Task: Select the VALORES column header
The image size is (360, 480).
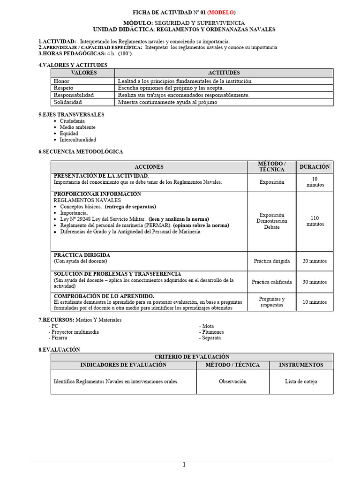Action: click(83, 73)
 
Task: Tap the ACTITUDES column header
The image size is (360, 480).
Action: click(224, 73)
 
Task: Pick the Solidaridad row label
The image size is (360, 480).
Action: click(67, 102)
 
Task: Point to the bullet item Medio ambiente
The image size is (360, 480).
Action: click(77, 127)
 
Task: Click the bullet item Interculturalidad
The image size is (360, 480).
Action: click(78, 140)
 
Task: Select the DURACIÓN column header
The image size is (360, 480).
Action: click(315, 166)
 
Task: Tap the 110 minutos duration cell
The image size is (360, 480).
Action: click(315, 221)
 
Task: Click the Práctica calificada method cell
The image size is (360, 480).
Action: click(271, 282)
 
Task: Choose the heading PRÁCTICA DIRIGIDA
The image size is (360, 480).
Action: click(82, 255)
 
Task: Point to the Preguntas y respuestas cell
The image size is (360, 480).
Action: click(271, 302)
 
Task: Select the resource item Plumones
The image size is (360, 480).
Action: click(213, 332)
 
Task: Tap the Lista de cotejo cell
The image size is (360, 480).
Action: click(301, 381)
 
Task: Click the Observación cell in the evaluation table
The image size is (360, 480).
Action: click(232, 381)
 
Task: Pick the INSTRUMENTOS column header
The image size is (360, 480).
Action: click(301, 364)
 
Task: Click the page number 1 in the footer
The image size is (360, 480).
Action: click(184, 465)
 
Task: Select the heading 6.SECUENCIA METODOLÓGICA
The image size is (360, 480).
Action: click(81, 151)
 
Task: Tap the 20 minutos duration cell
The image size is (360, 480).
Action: click(315, 261)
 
